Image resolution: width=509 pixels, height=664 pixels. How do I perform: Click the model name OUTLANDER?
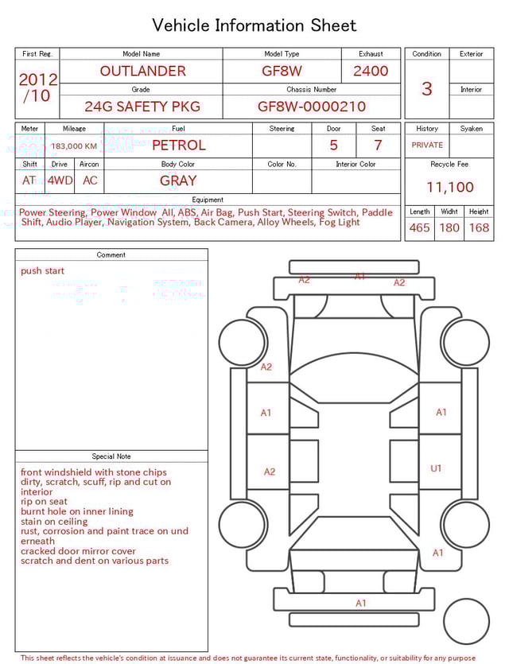click(142, 71)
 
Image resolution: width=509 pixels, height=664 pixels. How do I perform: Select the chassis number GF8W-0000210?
click(312, 107)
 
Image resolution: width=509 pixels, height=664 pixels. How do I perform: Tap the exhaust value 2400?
click(371, 71)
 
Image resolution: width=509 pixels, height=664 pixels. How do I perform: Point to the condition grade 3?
click(427, 88)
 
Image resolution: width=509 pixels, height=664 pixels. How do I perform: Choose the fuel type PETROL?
click(178, 146)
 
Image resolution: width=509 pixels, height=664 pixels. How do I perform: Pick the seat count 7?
click(378, 146)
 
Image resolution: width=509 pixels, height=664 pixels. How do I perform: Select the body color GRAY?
click(178, 181)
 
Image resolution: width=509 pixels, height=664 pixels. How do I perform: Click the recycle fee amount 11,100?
click(449, 188)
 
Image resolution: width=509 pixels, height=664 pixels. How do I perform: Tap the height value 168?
click(479, 227)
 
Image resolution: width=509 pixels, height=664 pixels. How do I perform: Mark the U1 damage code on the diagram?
click(436, 468)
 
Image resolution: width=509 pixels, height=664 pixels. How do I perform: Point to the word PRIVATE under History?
click(427, 146)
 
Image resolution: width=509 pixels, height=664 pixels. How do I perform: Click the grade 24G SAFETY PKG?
click(142, 107)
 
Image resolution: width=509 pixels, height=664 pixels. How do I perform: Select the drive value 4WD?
click(60, 181)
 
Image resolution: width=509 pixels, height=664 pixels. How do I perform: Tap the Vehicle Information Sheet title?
click(254, 25)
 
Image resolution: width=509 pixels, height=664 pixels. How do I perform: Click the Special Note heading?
click(111, 456)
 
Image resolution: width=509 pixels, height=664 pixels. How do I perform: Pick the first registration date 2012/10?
click(37, 88)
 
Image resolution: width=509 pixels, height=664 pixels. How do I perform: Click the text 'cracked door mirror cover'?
click(78, 551)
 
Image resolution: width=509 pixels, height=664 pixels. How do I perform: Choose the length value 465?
click(419, 227)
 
